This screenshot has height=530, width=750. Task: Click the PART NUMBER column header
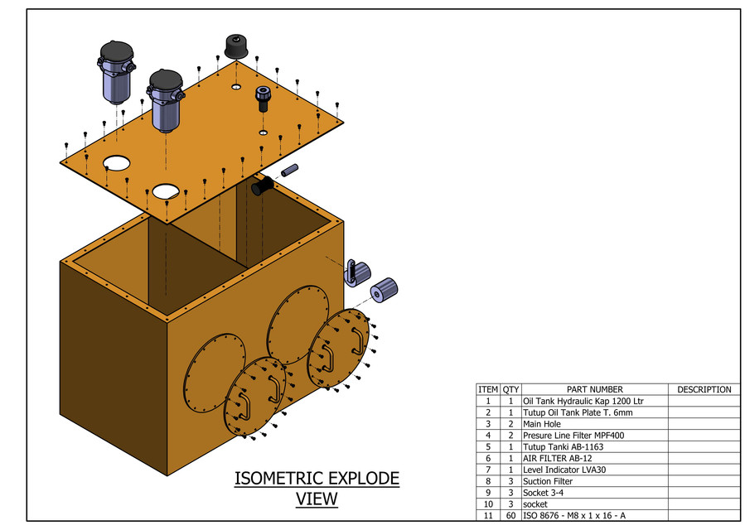tap(594, 389)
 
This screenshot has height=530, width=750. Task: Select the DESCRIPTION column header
tap(704, 389)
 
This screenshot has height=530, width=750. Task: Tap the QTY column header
tap(510, 389)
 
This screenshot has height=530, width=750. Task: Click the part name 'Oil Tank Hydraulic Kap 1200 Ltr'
tap(583, 401)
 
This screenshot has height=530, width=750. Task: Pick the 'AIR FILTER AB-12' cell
tap(557, 458)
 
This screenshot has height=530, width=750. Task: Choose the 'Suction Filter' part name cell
tap(548, 481)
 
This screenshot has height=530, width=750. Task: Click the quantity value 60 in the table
tap(510, 516)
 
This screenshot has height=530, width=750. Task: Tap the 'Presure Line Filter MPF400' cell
tap(573, 436)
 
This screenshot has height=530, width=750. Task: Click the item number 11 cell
tap(488, 516)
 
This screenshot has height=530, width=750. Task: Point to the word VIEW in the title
tap(317, 499)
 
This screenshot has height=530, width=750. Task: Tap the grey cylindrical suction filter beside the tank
tap(384, 290)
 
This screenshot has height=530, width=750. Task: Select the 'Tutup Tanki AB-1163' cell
tap(563, 446)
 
